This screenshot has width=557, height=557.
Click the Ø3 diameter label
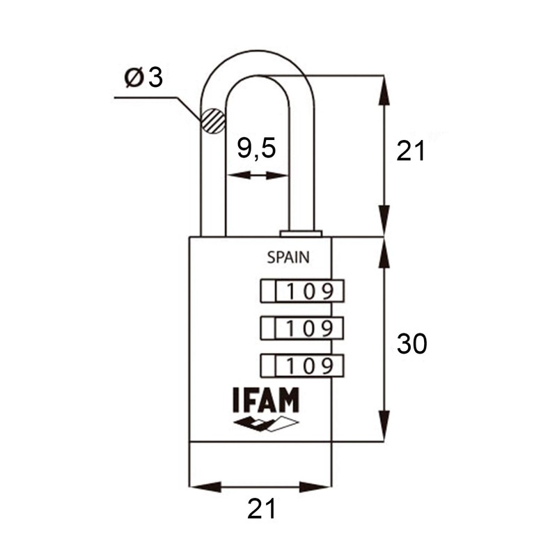coord(143,77)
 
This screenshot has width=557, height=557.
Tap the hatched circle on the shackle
coord(213,121)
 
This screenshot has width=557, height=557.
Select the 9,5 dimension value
coord(256,148)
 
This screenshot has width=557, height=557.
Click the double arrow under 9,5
coord(257,175)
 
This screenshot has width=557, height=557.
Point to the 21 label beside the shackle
coord(411,151)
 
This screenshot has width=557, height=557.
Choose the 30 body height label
coord(411,344)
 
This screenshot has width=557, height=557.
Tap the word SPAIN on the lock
coord(288,258)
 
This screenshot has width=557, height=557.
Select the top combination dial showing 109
coord(302,291)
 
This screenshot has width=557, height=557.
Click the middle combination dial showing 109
coord(302,328)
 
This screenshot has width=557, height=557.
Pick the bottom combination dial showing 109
coord(302,365)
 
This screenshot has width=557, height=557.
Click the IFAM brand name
coord(265,400)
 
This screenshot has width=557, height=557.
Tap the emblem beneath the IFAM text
coord(265,424)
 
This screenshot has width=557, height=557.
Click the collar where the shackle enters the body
coord(301,234)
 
